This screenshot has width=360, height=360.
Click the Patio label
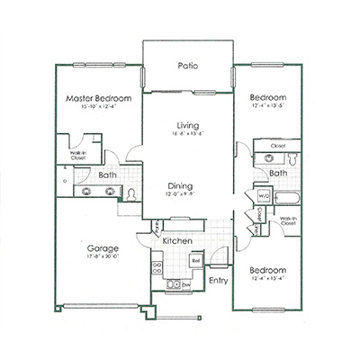pos(187,65)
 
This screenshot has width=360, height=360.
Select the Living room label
pos(187,125)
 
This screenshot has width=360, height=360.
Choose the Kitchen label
pos(178,241)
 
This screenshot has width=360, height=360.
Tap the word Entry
pos(218,280)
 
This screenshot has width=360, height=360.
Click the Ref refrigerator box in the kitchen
pos(195,261)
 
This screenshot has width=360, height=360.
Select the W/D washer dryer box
pos(265,193)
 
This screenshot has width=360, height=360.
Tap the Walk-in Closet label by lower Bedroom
pos(288,220)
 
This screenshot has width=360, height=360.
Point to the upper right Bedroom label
pos(268,97)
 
